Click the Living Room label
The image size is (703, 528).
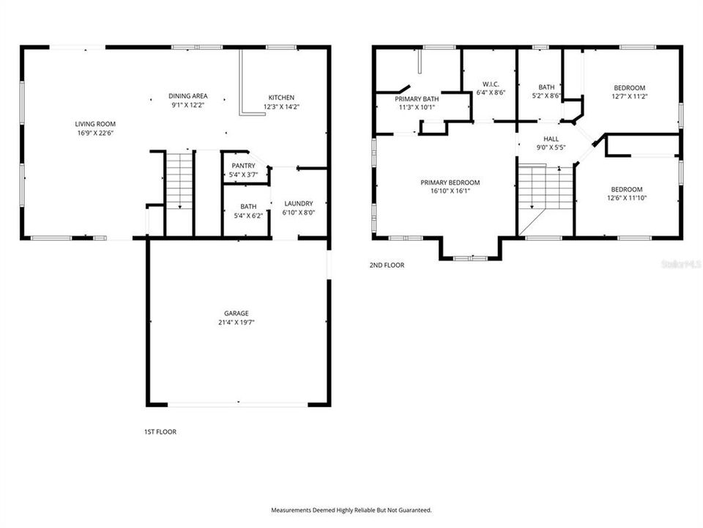coord(96,124)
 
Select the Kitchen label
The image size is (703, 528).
coord(281,98)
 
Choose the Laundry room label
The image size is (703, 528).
coord(298,204)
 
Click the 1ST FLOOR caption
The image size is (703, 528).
coord(160,432)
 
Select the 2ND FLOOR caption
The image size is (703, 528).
coord(387,265)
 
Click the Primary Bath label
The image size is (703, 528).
coord(417,98)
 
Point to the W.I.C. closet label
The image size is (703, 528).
coord(491,84)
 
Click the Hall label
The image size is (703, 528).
coord(551,138)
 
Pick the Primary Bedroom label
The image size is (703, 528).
coord(450,183)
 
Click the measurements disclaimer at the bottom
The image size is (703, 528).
coord(351,510)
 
